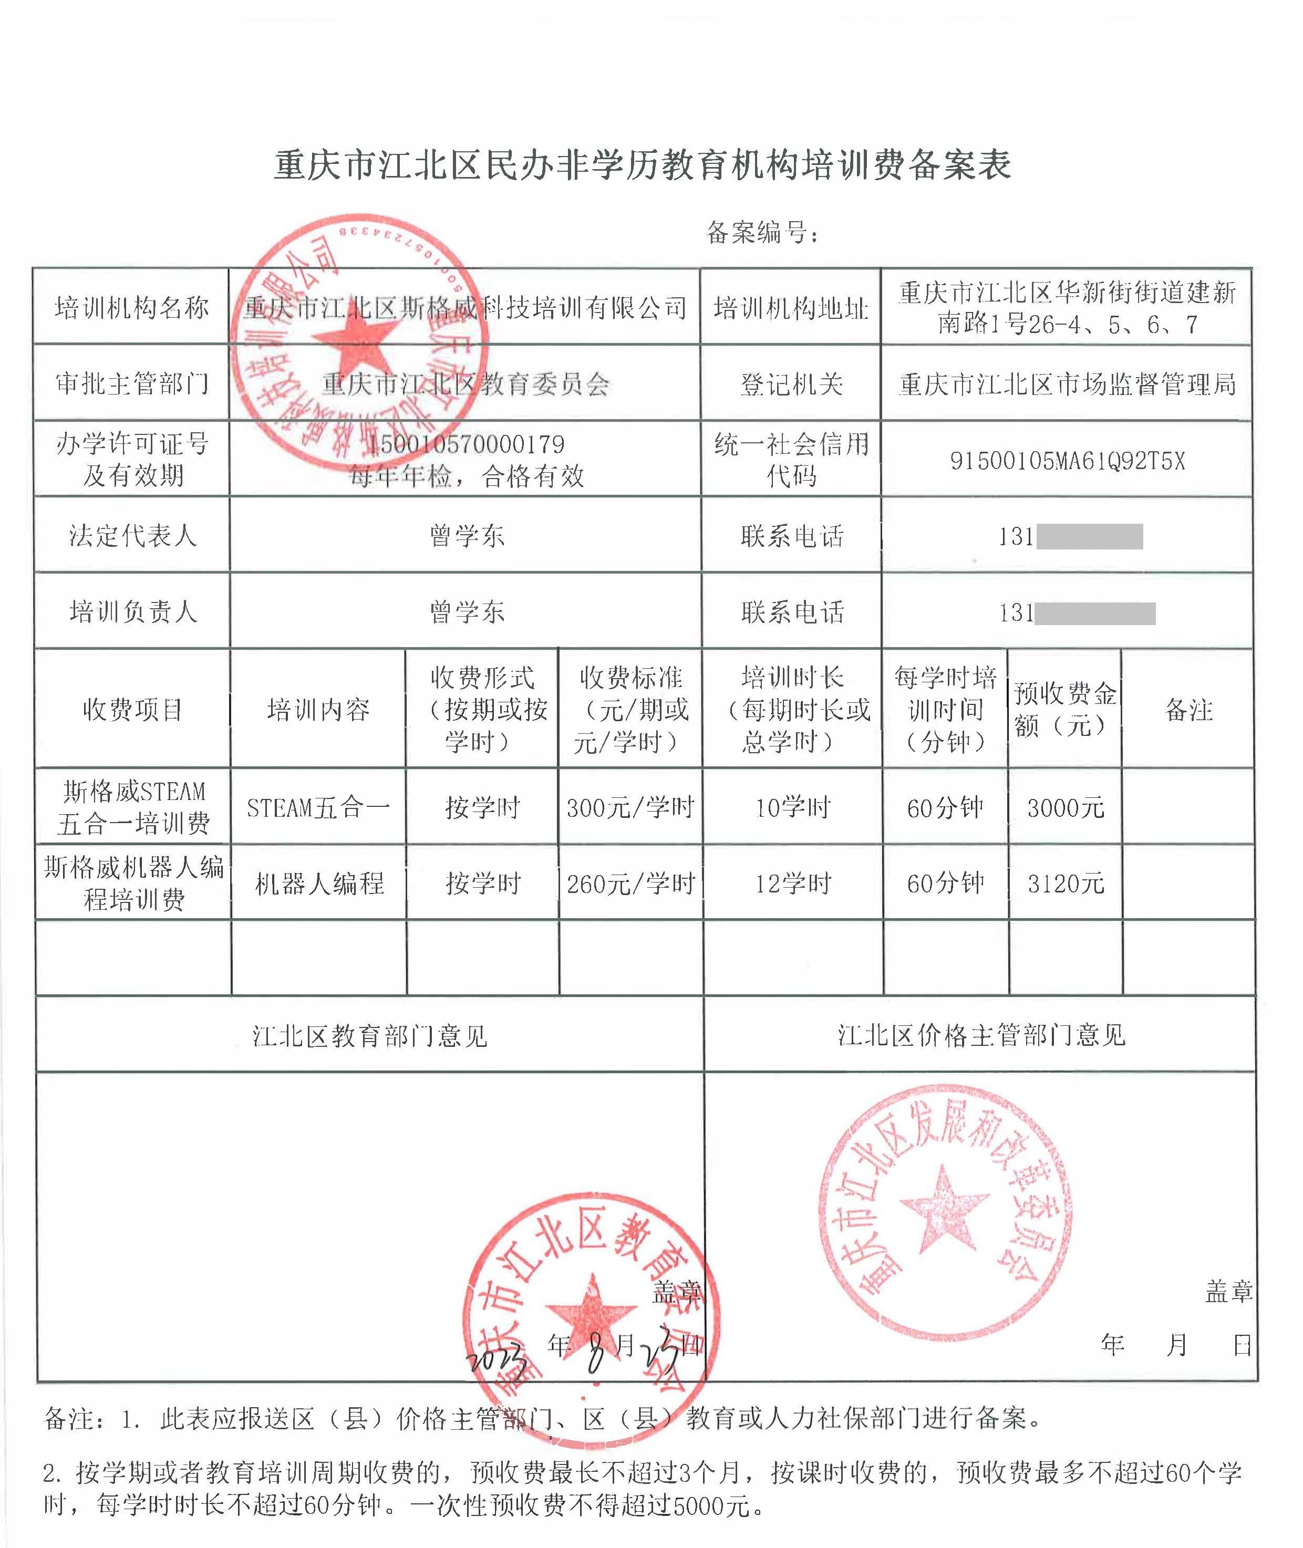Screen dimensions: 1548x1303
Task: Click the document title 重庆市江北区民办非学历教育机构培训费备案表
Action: (642, 164)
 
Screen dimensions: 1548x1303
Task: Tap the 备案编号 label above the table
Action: (761, 233)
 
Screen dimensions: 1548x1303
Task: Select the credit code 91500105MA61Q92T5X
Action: (1067, 461)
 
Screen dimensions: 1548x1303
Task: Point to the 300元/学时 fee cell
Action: (630, 807)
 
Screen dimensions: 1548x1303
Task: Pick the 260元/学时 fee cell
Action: (630, 884)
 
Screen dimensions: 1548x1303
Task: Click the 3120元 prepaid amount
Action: (1065, 884)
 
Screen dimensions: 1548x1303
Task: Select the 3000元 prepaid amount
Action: (1065, 807)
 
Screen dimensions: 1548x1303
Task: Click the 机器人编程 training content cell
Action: (319, 884)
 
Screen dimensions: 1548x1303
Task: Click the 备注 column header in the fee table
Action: (1188, 710)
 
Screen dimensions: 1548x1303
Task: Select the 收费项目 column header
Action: (133, 710)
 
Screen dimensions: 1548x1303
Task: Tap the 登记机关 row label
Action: (791, 384)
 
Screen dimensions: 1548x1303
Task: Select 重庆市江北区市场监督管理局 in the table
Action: (1067, 384)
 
